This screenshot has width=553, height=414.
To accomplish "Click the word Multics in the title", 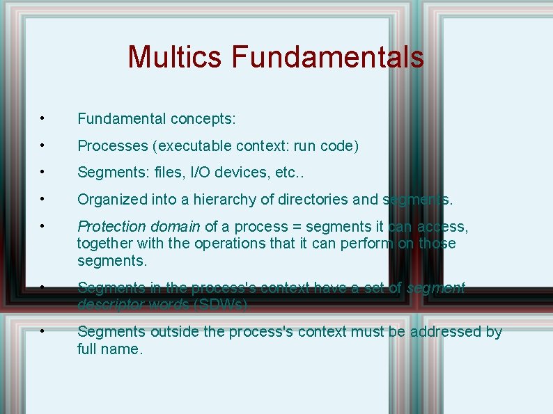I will [176, 57].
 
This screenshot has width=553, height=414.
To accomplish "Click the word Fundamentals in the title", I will [327, 57].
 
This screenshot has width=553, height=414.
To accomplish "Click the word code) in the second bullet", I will [339, 146].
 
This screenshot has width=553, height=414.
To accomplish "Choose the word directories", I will [313, 200].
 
